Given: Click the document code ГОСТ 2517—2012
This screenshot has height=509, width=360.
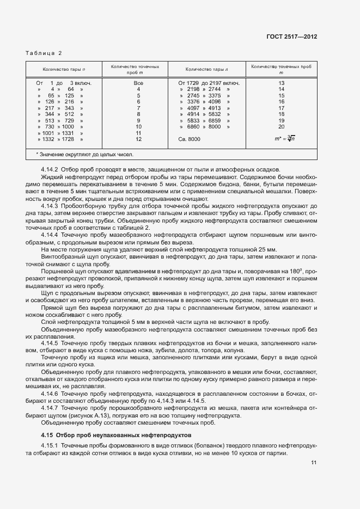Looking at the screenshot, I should pos(291,37).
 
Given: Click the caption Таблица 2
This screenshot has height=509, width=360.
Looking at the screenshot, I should pos(44,53).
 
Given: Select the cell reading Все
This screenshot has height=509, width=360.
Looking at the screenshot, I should pos(138,83).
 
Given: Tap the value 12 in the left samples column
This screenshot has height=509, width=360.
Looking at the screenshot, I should pos(138,139).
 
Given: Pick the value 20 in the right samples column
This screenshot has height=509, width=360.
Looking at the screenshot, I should pos(281,126).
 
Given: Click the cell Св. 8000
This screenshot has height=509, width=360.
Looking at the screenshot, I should pos(190,139).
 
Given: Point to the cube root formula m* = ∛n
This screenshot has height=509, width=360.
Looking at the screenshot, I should pos(281,139).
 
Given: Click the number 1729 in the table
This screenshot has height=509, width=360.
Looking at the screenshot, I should pos(194,83).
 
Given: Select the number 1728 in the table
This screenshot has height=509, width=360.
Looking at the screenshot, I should pos(70,139).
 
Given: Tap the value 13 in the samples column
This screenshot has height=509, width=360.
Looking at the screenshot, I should pos(281,83).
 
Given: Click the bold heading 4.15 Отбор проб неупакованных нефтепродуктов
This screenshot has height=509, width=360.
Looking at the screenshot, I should pos(116,435).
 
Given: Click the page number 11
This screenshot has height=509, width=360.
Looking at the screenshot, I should pos(314,463).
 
